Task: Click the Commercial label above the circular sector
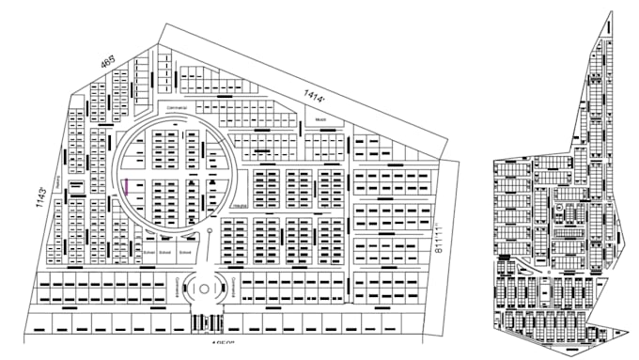point(177,108)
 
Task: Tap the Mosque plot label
point(319,120)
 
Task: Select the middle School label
point(164,253)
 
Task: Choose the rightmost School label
point(186,253)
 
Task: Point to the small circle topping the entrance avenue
point(209,231)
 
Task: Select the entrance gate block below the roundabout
point(203,322)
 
